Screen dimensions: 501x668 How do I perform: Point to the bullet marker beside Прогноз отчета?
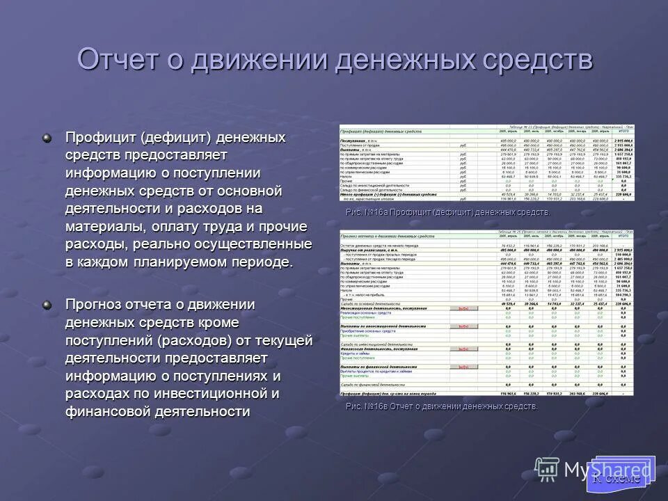[47, 303]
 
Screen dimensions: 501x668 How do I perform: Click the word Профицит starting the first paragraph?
[100, 136]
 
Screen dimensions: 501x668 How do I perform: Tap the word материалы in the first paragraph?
[103, 226]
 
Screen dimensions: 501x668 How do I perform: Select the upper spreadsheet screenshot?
[486, 163]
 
